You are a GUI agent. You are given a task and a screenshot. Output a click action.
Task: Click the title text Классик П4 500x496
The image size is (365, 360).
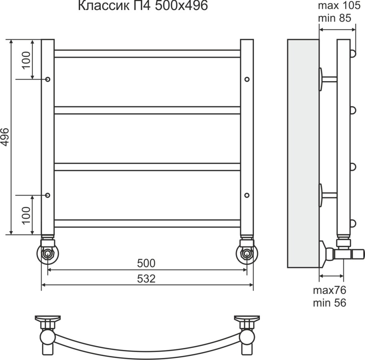click(142, 6)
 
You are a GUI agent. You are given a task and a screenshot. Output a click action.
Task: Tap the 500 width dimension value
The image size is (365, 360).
click(146, 263)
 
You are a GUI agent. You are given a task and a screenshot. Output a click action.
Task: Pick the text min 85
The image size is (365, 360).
click(335, 18)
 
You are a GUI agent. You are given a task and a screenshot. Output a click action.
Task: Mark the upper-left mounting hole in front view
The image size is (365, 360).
click(48, 79)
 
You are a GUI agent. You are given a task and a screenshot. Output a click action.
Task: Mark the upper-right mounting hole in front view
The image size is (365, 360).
click(247, 79)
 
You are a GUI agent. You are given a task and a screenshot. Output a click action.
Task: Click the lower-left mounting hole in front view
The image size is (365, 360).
click(48, 195)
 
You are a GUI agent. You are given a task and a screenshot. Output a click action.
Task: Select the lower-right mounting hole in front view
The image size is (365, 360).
click(247, 195)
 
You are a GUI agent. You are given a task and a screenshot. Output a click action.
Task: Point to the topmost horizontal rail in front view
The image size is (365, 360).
click(147, 54)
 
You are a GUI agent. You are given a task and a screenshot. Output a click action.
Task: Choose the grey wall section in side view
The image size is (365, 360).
click(303, 154)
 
